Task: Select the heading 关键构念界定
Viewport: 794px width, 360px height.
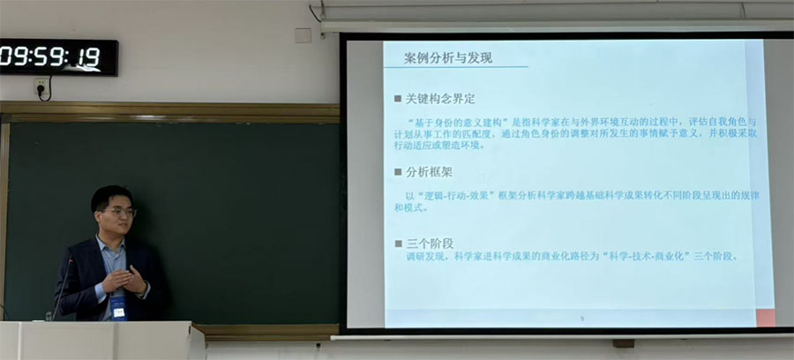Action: (439, 99)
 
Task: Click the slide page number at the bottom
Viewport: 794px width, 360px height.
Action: (581, 319)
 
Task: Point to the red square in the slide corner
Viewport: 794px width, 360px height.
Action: (765, 318)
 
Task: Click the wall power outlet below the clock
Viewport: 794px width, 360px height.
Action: (41, 86)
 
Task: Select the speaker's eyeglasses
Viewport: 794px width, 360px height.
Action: (121, 212)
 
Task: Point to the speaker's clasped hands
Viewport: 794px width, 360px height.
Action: (124, 282)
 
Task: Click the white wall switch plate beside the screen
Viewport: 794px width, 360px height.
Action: (303, 35)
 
